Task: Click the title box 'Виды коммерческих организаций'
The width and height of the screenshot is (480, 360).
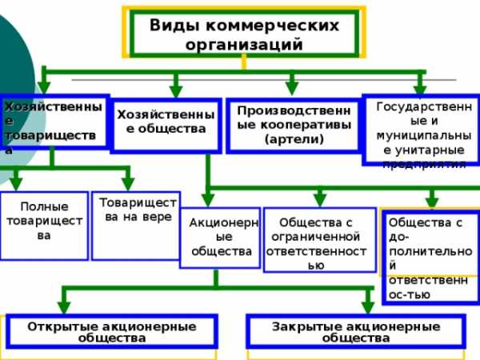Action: tap(244, 34)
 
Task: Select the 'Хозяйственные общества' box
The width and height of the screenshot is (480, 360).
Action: tap(166, 124)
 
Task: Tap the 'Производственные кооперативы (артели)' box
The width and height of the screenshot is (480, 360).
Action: tap(293, 124)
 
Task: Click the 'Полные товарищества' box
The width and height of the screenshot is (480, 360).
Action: tap(44, 224)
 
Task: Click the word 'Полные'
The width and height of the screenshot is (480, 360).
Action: tap(44, 206)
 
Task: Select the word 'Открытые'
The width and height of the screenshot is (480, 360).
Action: tap(62, 326)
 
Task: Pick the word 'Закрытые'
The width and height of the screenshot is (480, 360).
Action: tap(303, 326)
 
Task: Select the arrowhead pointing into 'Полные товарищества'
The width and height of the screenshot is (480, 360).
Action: tap(16, 181)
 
